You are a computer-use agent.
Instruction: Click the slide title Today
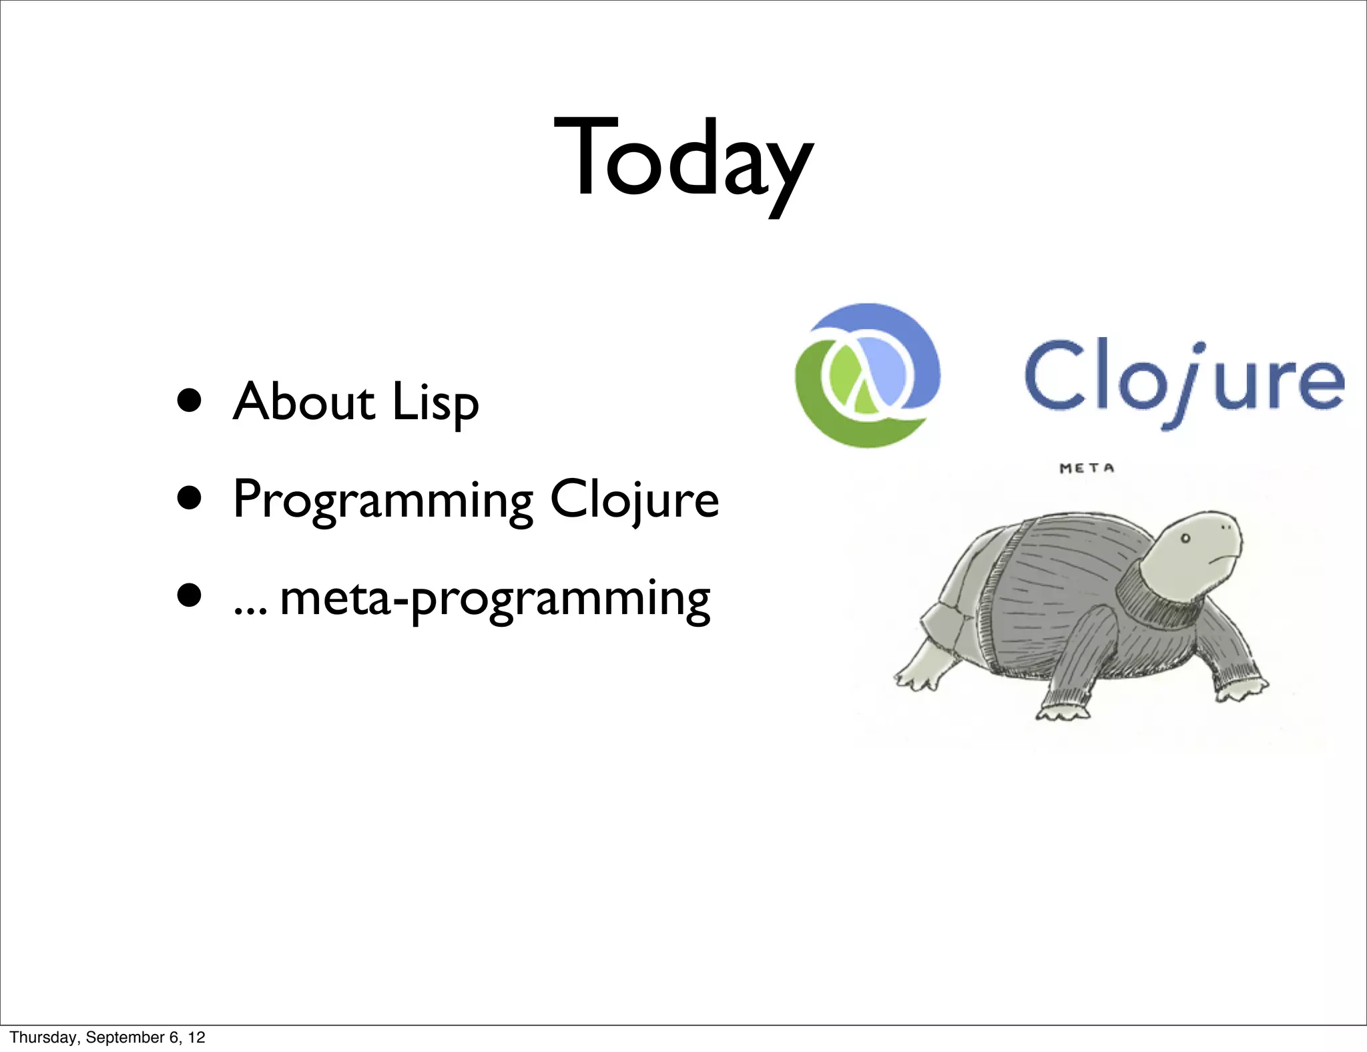683,160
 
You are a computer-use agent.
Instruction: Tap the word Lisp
435,403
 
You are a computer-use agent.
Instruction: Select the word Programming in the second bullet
383,501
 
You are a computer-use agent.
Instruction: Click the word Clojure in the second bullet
634,501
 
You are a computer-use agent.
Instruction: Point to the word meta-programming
495,599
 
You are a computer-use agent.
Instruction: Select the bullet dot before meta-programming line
190,595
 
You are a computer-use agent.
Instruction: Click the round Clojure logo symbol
866,375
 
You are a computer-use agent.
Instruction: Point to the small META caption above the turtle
1087,469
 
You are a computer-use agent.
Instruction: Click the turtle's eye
1186,538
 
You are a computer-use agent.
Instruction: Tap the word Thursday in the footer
43,1037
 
